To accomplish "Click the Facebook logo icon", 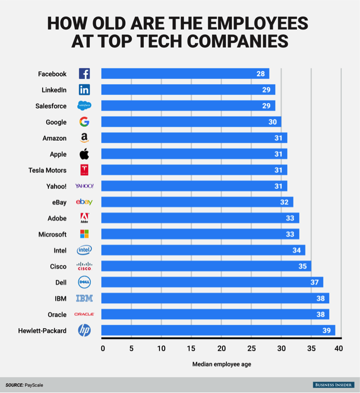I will [84, 74].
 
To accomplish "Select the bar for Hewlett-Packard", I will [218, 330].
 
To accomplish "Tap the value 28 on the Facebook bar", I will [260, 74].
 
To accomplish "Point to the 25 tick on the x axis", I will [251, 348].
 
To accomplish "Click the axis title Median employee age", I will [221, 364].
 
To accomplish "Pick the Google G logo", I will [84, 122].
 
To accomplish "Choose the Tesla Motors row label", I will [47, 170].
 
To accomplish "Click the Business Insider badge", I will [333, 385].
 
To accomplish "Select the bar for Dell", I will [212, 282].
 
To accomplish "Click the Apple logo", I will [84, 154].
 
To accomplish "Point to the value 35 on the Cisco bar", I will [302, 266].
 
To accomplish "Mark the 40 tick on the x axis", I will [339, 348].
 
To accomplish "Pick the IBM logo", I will [84, 299].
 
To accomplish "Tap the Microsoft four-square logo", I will [84, 234].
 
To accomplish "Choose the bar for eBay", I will [197, 202].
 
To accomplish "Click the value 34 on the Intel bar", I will [296, 250].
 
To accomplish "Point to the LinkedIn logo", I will [84, 90].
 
